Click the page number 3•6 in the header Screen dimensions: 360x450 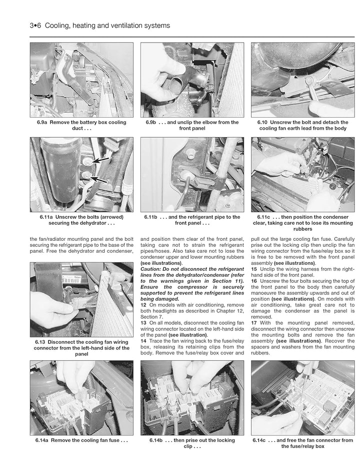pos(35,26)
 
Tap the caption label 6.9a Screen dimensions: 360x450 pos(42,122)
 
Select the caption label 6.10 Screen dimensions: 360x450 pos(262,122)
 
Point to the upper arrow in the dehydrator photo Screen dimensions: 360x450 pos(100,160)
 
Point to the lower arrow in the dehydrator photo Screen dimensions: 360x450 pos(98,180)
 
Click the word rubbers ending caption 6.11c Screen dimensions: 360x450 pos(302,229)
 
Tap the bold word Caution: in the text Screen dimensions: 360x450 pos(150,269)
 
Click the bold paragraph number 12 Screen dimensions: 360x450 pos(143,305)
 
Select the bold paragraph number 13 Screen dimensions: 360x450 pos(143,323)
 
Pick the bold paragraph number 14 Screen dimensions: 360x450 pos(143,341)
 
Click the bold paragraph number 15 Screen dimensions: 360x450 pos(254,269)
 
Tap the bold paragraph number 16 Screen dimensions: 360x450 pos(254,281)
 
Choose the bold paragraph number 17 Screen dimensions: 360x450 pos(254,323)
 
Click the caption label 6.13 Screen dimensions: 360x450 pos(40,342)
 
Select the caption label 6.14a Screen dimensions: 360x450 pos(42,440)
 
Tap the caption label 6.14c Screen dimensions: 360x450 pos(259,440)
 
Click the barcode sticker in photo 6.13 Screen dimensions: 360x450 pos(72,279)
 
